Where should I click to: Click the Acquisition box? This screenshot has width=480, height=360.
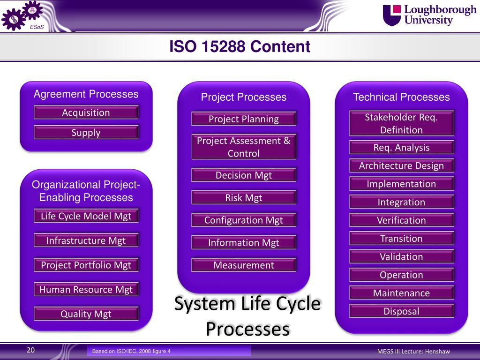(86, 112)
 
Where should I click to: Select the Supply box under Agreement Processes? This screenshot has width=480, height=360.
(86, 132)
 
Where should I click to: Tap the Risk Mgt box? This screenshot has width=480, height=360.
(244, 197)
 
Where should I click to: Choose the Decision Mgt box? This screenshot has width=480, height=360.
(244, 175)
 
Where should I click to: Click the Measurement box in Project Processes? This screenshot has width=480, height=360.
(244, 265)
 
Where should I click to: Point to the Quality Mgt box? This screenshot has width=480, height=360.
(86, 314)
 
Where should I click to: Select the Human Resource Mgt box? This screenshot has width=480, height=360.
(86, 289)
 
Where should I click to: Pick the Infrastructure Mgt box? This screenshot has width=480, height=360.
(86, 240)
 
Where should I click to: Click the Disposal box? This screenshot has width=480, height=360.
(401, 311)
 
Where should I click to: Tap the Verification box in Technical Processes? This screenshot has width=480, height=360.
(401, 220)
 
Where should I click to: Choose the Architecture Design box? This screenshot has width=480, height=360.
(401, 165)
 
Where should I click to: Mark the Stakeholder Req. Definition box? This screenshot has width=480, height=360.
(401, 123)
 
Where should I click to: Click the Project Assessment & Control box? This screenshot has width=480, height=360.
(244, 147)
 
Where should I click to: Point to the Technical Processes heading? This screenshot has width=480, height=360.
(401, 97)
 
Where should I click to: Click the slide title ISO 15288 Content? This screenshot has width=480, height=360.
(240, 46)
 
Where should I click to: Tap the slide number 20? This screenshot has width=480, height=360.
(30, 350)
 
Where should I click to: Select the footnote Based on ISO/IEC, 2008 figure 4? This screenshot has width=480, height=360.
(131, 351)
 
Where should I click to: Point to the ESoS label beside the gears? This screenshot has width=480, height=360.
(37, 27)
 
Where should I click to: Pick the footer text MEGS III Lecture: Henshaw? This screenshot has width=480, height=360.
(413, 352)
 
